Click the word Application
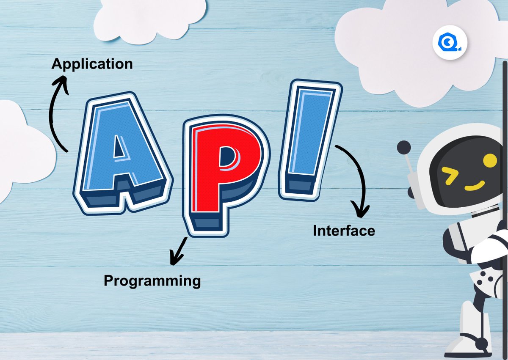(92, 64)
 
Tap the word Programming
(152, 280)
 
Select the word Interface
(344, 231)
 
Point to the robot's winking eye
(450, 173)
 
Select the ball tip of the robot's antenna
(403, 148)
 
